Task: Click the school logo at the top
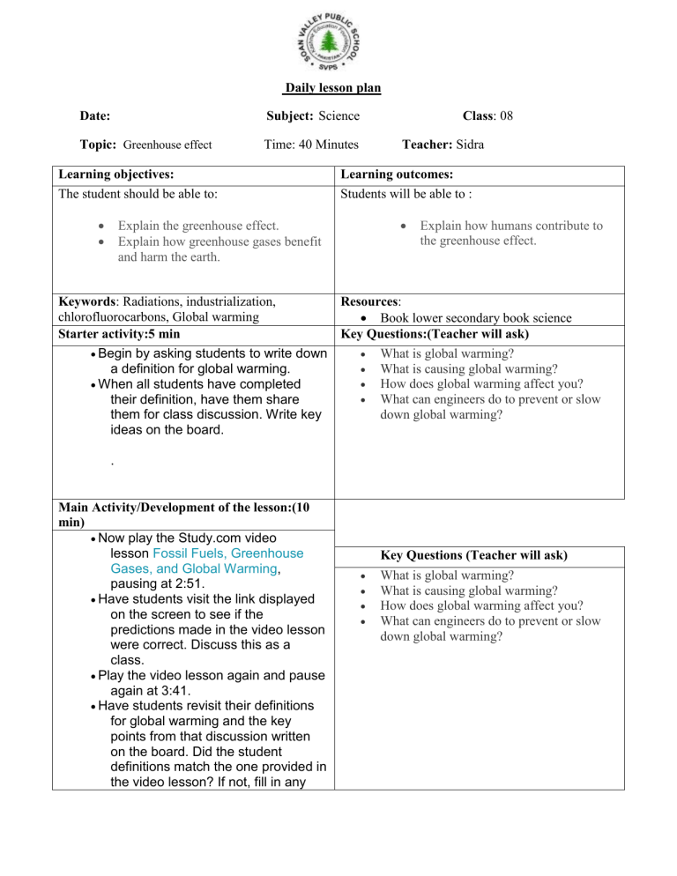(329, 43)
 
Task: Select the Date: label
(94, 115)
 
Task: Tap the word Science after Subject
(338, 115)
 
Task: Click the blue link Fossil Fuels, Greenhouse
(227, 554)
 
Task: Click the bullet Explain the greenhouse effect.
(198, 226)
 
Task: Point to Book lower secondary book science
(476, 317)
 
